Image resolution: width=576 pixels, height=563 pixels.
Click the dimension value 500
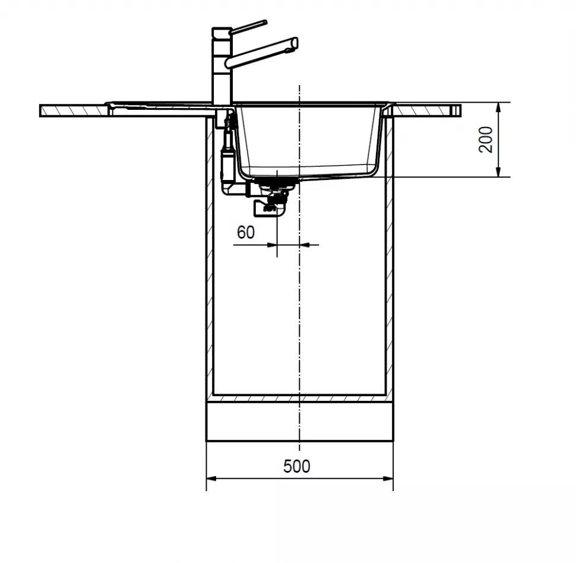[296, 466]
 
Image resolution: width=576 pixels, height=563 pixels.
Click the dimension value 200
[486, 140]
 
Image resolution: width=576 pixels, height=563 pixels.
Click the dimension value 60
[246, 232]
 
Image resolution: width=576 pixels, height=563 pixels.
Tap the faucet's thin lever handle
[248, 27]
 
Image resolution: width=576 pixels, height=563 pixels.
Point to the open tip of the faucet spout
[295, 43]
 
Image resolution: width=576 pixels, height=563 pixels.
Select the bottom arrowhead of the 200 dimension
[498, 172]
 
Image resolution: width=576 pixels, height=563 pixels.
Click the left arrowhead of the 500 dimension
[212, 479]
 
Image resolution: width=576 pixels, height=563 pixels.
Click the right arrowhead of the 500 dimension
[388, 479]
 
